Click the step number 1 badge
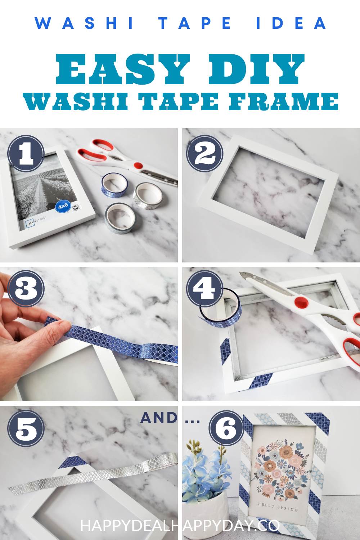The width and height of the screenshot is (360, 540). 26,154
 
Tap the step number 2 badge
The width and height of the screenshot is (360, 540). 204,154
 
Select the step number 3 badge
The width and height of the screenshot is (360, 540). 26,288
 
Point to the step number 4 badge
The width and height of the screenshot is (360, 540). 204,288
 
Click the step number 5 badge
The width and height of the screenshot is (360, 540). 26,428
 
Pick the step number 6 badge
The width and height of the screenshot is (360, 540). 226,428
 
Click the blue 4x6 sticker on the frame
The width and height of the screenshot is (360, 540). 63,206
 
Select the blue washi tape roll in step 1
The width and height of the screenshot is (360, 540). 114,185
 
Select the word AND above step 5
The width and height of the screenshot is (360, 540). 159,418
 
